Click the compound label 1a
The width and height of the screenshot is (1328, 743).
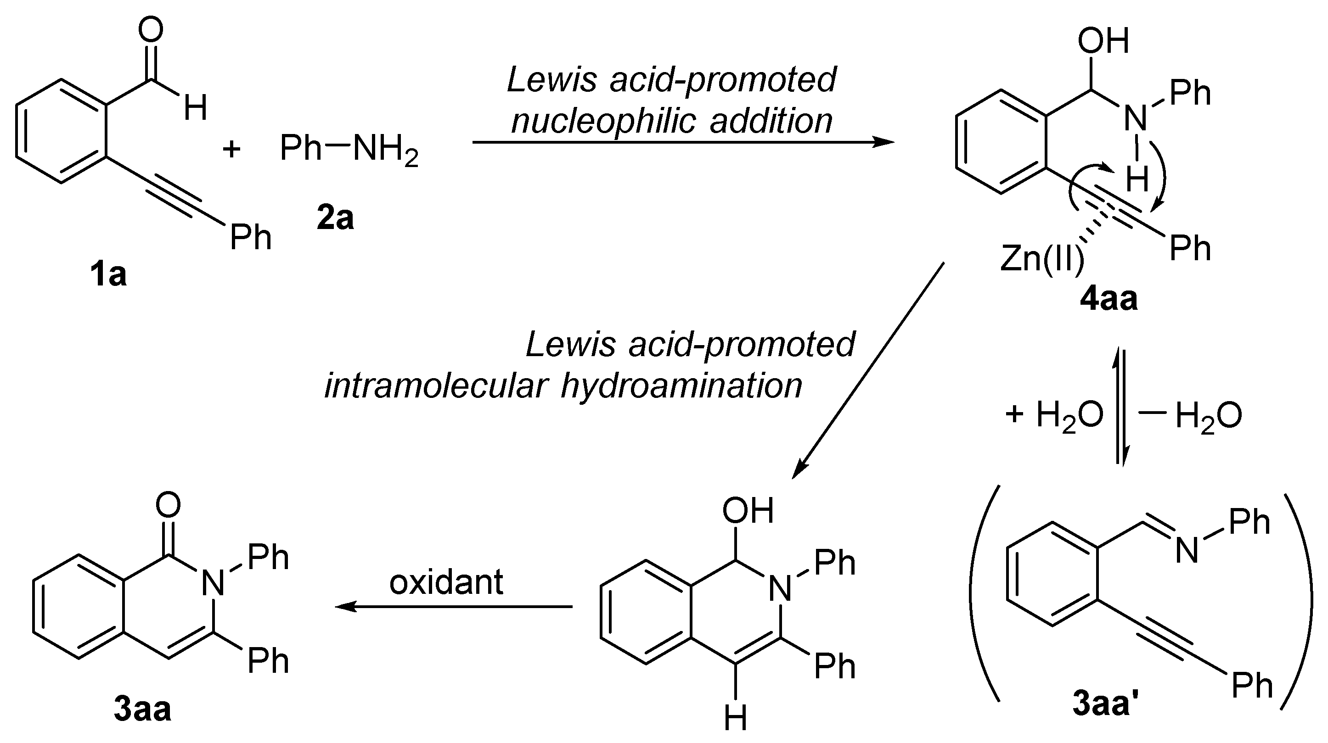[108, 274]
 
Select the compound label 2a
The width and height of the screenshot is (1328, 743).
[336, 218]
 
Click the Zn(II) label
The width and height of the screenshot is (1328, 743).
[1042, 259]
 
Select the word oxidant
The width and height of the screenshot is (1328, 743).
[446, 582]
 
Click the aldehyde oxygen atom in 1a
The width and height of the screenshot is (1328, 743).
[151, 29]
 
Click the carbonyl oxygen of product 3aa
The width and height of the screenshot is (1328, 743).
[168, 504]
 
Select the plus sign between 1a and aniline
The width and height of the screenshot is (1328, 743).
[231, 150]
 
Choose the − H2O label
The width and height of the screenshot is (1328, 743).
[1191, 415]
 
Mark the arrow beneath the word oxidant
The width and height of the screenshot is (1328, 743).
[454, 607]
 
